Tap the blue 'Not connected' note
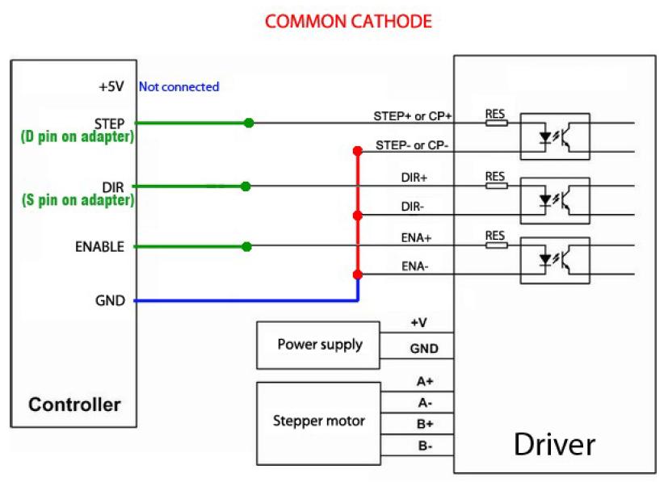[179, 86]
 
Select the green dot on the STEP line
[249, 123]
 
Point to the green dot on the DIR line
[246, 187]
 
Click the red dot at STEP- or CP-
[356, 151]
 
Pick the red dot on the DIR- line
[357, 215]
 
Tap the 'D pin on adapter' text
[77, 137]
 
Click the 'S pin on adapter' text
[78, 199]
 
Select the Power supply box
[320, 344]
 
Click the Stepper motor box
[320, 421]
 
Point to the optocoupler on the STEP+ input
[557, 136]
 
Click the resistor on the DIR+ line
[496, 186]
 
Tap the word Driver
[555, 443]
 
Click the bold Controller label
[74, 404]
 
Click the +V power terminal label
[419, 322]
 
